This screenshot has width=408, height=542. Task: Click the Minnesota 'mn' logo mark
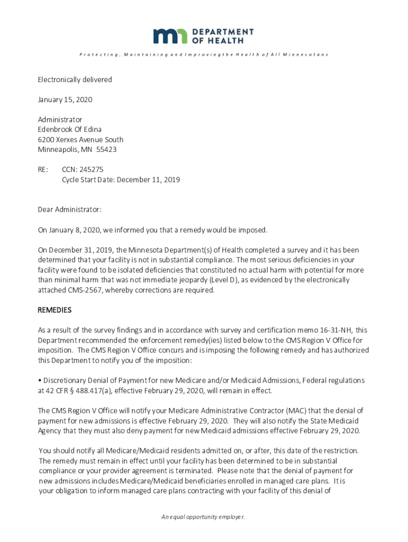[x=171, y=36]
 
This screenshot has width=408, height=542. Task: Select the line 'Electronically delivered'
[x=75, y=80]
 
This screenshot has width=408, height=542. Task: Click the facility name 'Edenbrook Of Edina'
[x=69, y=130]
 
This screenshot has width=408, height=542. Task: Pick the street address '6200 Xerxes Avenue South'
[x=81, y=140]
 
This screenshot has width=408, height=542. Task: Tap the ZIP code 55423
[x=107, y=150]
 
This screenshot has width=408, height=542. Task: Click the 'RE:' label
[x=42, y=170]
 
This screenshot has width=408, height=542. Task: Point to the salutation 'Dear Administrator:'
[x=69, y=210]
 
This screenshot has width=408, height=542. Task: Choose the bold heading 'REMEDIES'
[x=55, y=310]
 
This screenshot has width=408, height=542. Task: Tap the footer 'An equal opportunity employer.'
[x=203, y=517]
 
